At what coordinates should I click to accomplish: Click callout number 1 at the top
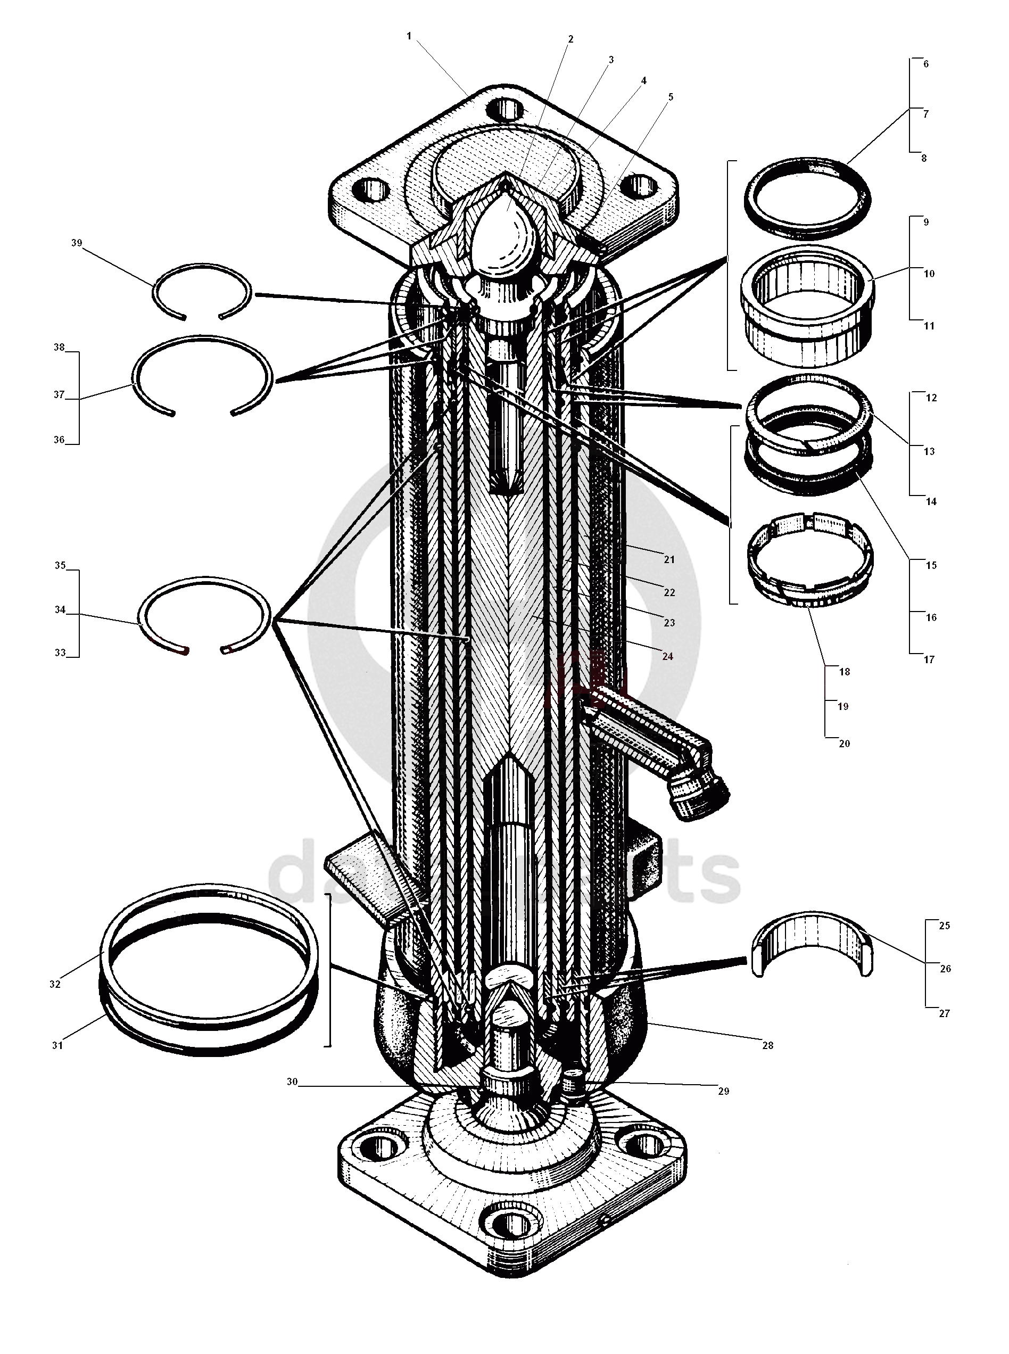click(x=409, y=37)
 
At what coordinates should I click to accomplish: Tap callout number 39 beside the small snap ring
click(x=76, y=243)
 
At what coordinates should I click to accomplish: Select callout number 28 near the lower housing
click(x=768, y=1046)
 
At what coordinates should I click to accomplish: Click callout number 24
click(x=667, y=657)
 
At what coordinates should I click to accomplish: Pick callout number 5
click(x=671, y=97)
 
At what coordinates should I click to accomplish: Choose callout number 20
click(x=844, y=744)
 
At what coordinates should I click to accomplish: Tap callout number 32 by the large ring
click(x=55, y=984)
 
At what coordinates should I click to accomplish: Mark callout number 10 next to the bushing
click(x=929, y=274)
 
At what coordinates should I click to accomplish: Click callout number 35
click(x=60, y=566)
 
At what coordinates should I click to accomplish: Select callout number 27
click(x=944, y=1013)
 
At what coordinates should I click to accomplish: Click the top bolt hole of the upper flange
click(x=506, y=110)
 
